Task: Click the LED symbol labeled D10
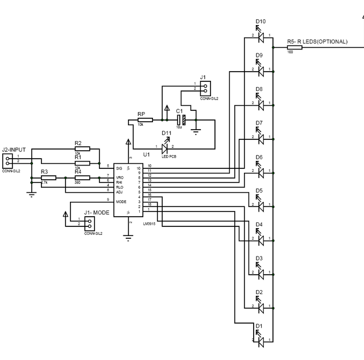(262, 38)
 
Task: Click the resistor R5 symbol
(295, 47)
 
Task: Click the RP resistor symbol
(144, 120)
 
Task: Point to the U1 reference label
(146, 155)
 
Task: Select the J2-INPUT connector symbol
(7, 160)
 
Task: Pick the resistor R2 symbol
(82, 149)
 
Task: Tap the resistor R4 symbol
(82, 177)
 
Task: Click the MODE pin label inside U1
(121, 201)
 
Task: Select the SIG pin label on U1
(119, 168)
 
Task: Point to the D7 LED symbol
(261, 138)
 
